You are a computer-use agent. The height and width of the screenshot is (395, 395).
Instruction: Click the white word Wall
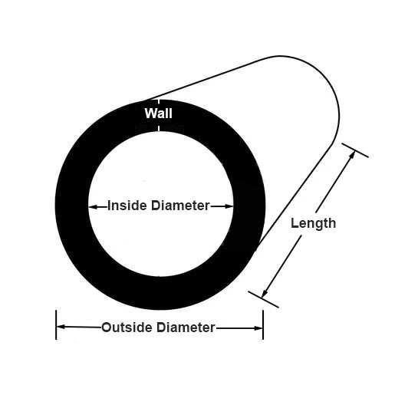[x=158, y=113]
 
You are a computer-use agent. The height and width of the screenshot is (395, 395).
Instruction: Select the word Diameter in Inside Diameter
[x=180, y=206]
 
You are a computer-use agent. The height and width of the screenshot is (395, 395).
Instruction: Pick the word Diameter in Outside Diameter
[x=186, y=328]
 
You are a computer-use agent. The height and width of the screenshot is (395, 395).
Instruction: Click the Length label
[x=313, y=223]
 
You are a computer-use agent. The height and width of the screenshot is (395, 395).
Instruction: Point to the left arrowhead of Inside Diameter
[x=94, y=207]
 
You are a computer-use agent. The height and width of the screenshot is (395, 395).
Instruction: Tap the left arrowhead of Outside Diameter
[x=61, y=327]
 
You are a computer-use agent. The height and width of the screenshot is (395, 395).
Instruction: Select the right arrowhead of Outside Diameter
[x=258, y=328]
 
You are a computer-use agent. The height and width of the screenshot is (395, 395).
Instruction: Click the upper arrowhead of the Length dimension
[x=352, y=155]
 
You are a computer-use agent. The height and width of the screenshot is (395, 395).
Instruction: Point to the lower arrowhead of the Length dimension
[x=265, y=293]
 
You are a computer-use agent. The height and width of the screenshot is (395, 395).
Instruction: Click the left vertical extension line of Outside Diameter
[x=56, y=324]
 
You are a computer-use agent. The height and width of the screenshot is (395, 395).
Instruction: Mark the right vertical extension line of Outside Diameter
[x=263, y=324]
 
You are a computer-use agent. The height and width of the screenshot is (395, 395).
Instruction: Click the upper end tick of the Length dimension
[x=355, y=150]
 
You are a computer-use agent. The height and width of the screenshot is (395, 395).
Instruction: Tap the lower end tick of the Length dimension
[x=263, y=299]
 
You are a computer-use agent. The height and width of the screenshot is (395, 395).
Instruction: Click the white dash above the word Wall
[x=159, y=101]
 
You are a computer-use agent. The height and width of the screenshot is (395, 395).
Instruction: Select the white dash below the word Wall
[x=159, y=128]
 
